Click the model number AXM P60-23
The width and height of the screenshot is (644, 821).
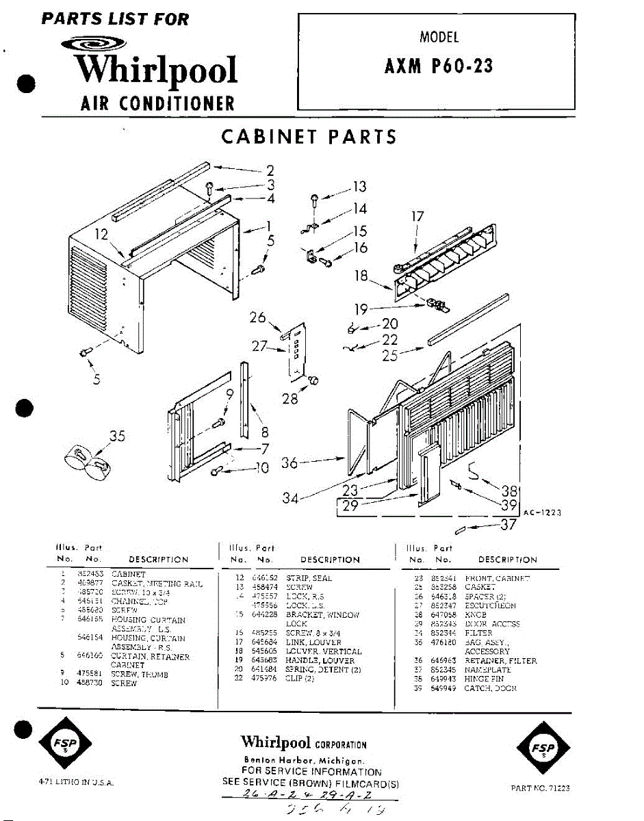(439, 66)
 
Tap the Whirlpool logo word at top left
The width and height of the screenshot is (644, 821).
(156, 70)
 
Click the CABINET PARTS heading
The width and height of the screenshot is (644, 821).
(309, 137)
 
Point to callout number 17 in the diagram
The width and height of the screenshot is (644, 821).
(417, 216)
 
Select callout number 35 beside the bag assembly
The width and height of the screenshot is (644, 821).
(117, 436)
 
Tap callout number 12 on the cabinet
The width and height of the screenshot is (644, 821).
(101, 235)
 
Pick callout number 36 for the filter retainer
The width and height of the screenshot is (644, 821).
(290, 463)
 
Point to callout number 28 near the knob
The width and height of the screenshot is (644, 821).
(290, 398)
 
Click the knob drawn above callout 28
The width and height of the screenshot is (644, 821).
(315, 378)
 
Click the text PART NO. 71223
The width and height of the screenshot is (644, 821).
(540, 788)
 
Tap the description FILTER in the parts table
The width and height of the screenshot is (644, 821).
(478, 634)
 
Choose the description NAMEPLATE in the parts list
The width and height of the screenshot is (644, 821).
(488, 670)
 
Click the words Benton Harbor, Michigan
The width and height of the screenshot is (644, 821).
(304, 760)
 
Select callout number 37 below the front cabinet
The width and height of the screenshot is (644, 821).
(507, 525)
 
